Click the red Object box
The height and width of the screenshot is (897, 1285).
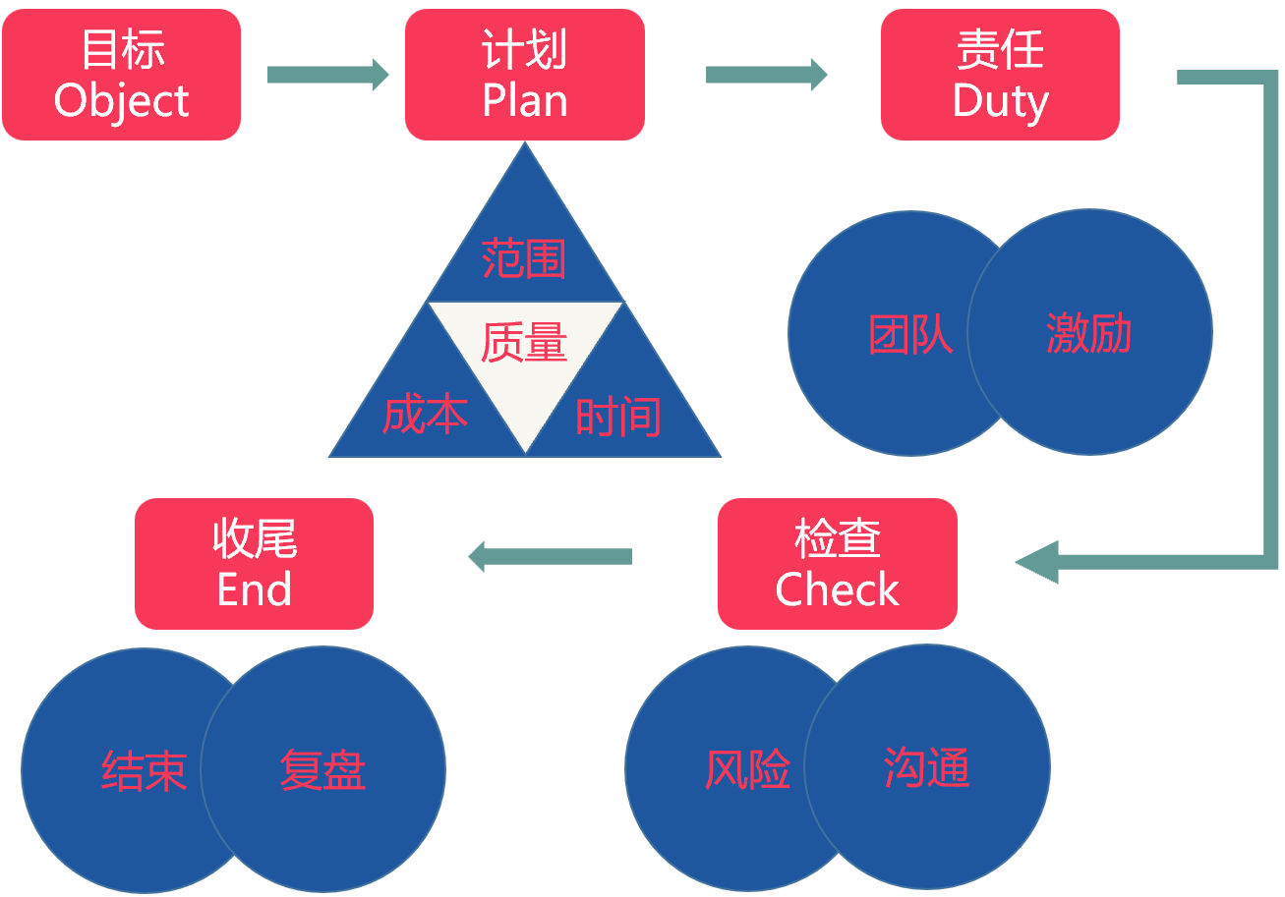coord(122,75)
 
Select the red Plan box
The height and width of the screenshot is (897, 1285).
coord(525,75)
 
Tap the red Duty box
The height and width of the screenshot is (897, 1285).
coord(1000,75)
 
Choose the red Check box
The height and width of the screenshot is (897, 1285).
coord(837,564)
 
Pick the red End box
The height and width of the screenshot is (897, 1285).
coord(254,564)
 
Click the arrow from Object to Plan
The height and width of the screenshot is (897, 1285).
coord(327,75)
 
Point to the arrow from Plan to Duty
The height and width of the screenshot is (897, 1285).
coord(766,75)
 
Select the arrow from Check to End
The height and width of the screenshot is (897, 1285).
coord(550,556)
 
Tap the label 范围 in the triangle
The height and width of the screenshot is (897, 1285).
coord(524,258)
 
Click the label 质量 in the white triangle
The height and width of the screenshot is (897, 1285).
coord(524,343)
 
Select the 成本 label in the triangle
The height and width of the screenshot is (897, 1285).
coord(425,416)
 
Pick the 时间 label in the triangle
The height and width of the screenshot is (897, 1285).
coord(618,416)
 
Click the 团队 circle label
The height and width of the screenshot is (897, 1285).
coord(911,334)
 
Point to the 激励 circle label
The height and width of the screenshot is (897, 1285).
coord(1088,334)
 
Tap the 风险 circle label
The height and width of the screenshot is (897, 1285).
coord(748,769)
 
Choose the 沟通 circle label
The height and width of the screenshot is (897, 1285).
coord(927,767)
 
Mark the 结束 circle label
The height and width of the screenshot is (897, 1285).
coord(145,771)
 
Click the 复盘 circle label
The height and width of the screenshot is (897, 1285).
coord(322,770)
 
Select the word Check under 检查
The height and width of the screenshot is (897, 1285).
coord(837,589)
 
